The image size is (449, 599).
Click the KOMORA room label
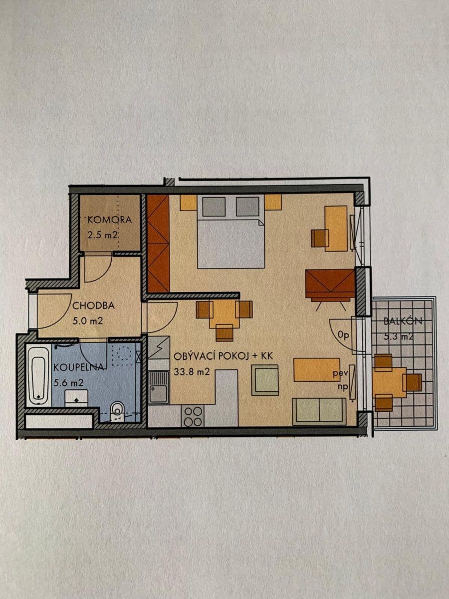pyautogui.click(x=109, y=220)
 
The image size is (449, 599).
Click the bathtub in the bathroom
pyautogui.click(x=38, y=376)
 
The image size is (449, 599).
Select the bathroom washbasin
pyautogui.click(x=76, y=397)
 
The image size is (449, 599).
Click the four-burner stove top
pyautogui.click(x=194, y=416)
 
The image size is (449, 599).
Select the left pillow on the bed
pyautogui.click(x=214, y=206)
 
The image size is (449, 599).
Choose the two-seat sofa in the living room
pyautogui.click(x=319, y=411)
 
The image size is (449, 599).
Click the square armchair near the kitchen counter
pyautogui.click(x=264, y=380)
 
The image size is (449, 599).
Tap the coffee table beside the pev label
pyautogui.click(x=316, y=369)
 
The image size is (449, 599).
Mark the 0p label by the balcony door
pyautogui.click(x=344, y=335)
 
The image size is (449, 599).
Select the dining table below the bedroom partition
pyautogui.click(x=224, y=313)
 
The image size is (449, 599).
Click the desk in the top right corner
pyautogui.click(x=336, y=228)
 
